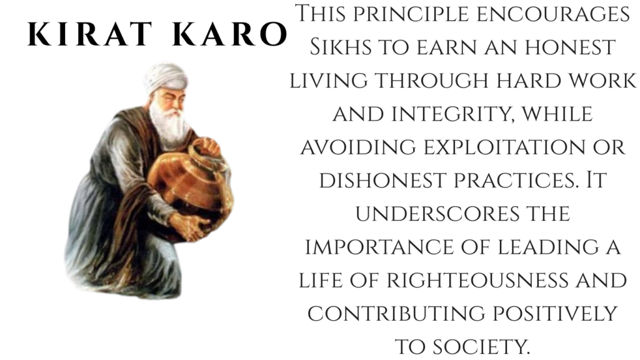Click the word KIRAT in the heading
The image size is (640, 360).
pos(90,34)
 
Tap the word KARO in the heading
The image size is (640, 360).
pos(230,34)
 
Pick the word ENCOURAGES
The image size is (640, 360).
pos(553,14)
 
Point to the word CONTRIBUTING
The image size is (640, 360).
pos(396,314)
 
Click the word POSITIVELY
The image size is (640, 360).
pos(555,314)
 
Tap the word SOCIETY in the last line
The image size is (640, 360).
pos(481,347)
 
